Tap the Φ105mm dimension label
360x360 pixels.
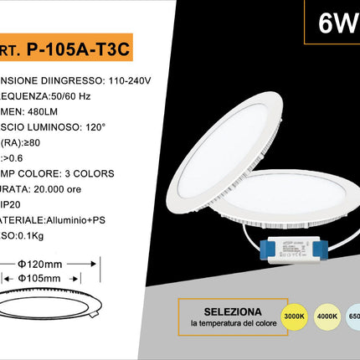click(46, 277)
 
